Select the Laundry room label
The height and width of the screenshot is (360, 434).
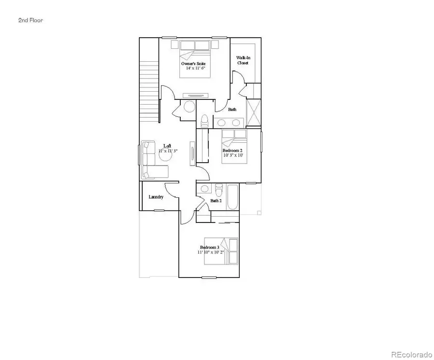[156, 197]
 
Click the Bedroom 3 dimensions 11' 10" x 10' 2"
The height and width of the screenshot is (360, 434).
[210, 252]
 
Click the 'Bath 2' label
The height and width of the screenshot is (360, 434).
[216, 201]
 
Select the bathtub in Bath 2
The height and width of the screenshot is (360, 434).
[232, 197]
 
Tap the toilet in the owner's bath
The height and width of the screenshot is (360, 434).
[204, 120]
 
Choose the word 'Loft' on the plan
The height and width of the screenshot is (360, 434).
[167, 146]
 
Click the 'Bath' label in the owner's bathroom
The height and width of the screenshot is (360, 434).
[232, 110]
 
